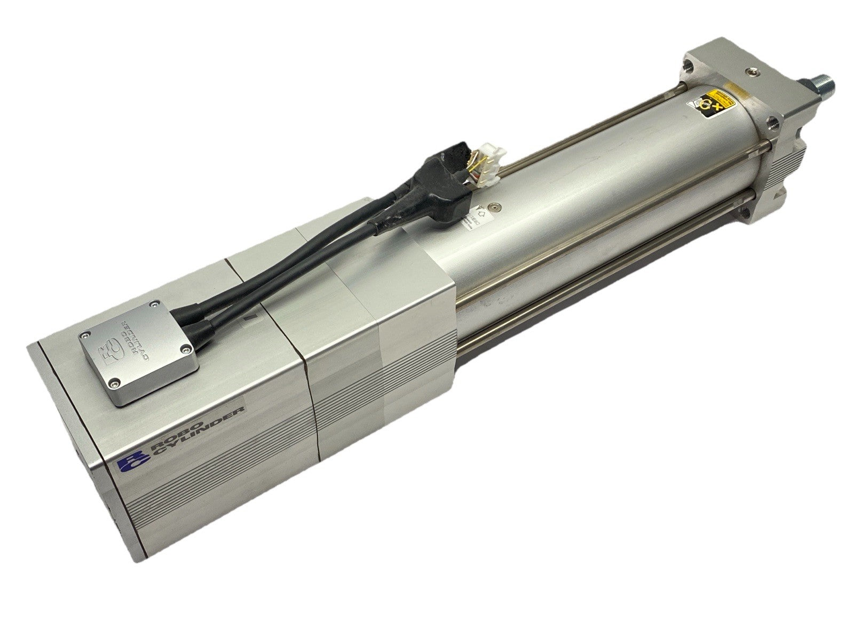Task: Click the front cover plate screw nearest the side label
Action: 114,383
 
